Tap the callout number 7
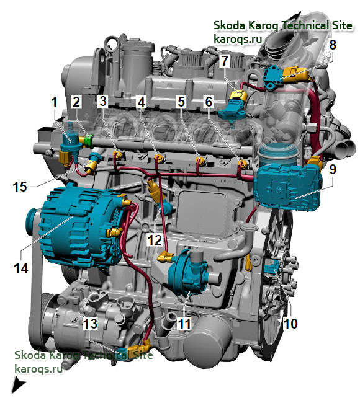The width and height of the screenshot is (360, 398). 225,60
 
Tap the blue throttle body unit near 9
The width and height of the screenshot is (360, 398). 289,184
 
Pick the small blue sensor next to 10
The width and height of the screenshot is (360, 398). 271,268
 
